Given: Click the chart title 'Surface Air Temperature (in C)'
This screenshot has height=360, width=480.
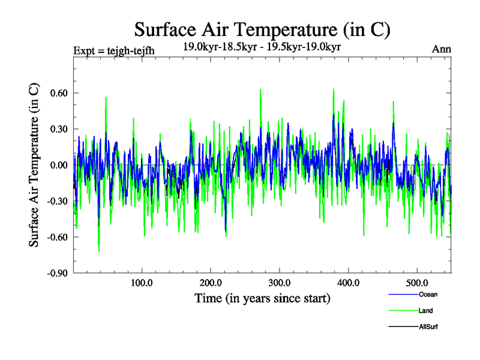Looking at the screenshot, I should click(262, 29).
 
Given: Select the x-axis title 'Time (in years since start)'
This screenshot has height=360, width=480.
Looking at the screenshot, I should click(262, 298).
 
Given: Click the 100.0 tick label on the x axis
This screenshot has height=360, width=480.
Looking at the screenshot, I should click(142, 283).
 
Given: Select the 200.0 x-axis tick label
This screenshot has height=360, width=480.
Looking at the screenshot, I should click(211, 283).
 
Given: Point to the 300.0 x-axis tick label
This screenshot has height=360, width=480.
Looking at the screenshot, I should click(280, 283).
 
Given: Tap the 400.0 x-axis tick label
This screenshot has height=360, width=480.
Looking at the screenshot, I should click(349, 283).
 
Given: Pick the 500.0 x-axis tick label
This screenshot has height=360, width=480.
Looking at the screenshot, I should click(417, 283).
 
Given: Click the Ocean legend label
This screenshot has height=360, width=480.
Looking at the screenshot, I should click(428, 295).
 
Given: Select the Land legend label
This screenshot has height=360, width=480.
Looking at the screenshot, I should click(426, 311).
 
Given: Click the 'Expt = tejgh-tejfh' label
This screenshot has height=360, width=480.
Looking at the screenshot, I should click(113, 50).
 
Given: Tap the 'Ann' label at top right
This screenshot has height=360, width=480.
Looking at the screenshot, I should click(442, 49).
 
